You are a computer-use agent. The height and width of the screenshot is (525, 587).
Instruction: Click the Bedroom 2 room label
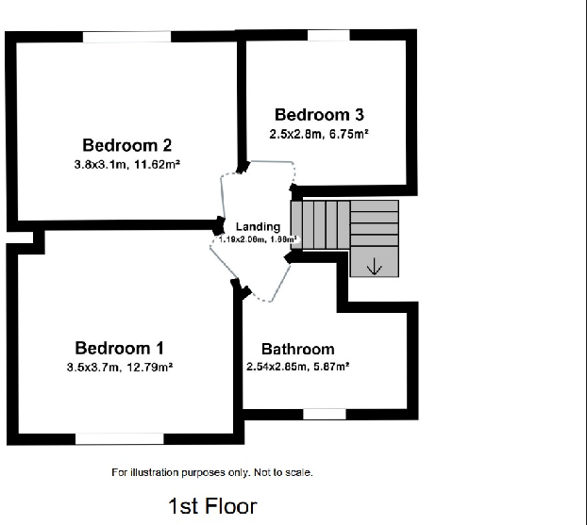point(126,145)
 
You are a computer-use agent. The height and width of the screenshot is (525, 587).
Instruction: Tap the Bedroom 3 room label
point(319,115)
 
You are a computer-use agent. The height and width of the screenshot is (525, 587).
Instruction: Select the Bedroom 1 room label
point(120,347)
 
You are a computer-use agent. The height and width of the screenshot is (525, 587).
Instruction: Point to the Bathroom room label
point(297,349)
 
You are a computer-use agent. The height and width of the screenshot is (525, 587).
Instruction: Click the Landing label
point(258,226)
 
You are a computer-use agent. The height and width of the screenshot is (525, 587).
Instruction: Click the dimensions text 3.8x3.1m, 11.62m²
point(127,164)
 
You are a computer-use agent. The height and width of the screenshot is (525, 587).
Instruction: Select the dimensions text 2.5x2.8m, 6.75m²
point(319,135)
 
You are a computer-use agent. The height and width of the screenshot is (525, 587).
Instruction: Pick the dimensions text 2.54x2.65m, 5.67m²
point(298,367)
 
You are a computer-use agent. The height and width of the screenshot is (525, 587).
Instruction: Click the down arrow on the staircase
point(374,267)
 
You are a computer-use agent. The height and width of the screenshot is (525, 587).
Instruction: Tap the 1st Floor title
point(212,506)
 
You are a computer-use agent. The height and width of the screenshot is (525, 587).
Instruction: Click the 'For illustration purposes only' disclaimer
point(212,472)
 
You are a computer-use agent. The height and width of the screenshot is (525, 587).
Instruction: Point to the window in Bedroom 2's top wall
point(126,37)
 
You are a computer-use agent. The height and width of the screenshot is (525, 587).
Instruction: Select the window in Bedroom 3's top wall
point(327,36)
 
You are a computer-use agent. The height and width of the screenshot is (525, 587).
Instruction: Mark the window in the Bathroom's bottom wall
point(325,413)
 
